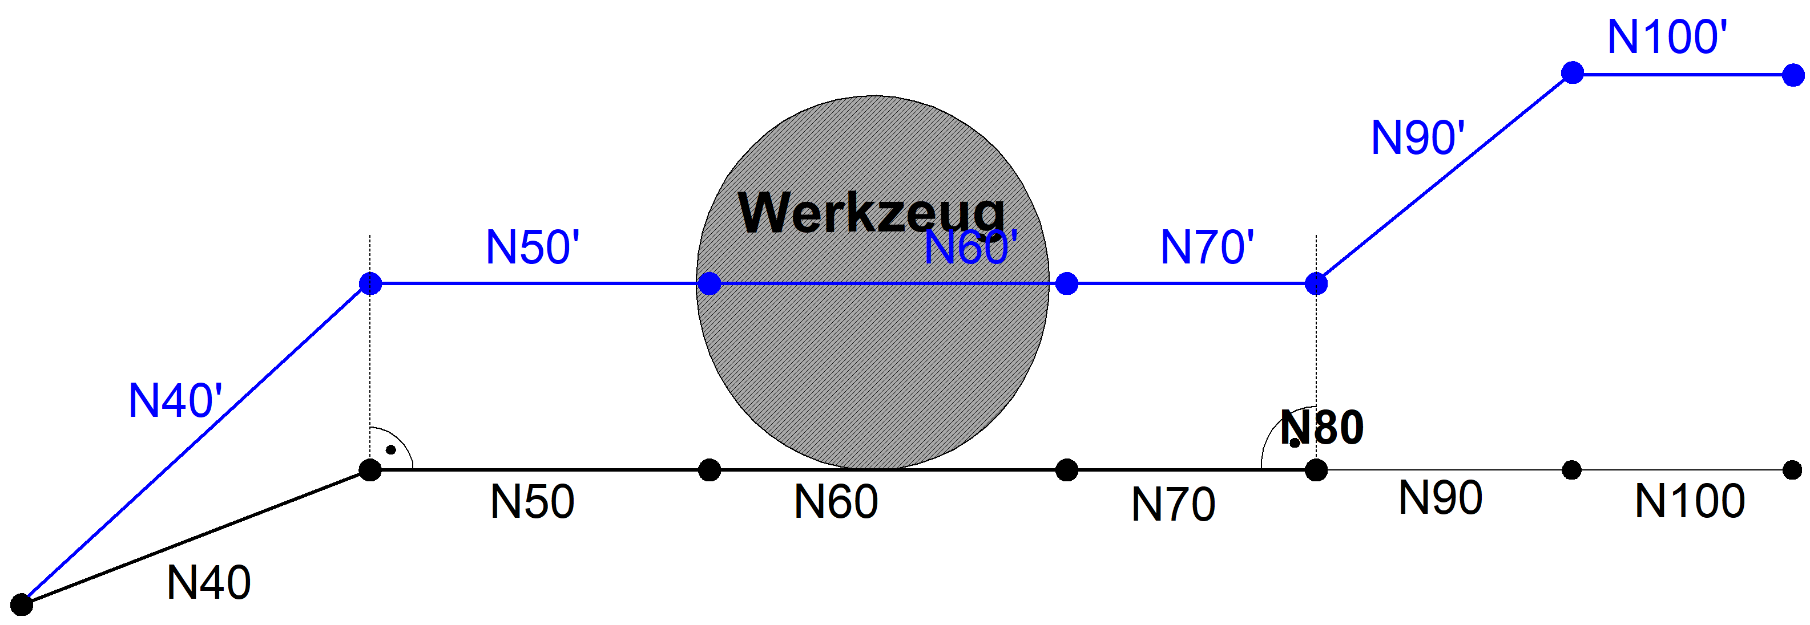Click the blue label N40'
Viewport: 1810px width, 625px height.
[x=176, y=401]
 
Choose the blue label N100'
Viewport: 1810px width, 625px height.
[x=1667, y=36]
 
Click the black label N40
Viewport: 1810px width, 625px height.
[x=209, y=583]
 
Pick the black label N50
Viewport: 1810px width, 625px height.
[x=532, y=502]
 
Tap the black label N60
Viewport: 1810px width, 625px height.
[x=836, y=502]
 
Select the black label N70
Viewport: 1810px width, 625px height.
[x=1173, y=504]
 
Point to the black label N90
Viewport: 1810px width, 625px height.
[x=1441, y=498]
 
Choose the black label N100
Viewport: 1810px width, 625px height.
[x=1689, y=501]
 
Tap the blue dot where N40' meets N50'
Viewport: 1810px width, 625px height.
[x=370, y=284]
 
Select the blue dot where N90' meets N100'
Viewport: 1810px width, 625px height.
[x=1572, y=72]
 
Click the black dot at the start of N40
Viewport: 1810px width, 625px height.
[x=22, y=604]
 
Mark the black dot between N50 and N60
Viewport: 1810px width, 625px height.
[x=710, y=470]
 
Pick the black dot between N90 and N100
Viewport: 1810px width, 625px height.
[x=1572, y=470]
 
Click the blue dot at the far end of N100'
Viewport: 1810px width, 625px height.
[x=1793, y=75]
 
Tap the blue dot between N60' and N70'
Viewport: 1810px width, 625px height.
[x=1067, y=284]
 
